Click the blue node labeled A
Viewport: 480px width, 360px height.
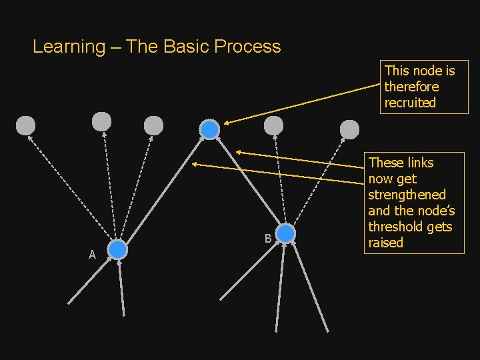point(117,250)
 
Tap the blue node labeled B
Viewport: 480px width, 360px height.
point(285,234)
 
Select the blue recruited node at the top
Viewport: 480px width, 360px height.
point(209,129)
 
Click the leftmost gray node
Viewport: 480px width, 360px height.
point(25,125)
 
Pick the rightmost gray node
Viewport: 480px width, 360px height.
point(350,129)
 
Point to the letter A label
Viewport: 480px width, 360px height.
point(93,255)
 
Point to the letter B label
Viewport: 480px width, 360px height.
point(267,239)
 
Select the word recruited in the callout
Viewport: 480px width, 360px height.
point(410,103)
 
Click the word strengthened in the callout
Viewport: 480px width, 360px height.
point(407,195)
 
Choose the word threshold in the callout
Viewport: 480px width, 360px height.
point(395,227)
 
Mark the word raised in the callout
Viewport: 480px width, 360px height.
point(386,243)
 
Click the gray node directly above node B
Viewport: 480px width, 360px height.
point(273,125)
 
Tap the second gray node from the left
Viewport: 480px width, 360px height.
point(101,121)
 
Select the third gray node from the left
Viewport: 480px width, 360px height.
point(153,125)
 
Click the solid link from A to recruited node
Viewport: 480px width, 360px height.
point(163,190)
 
